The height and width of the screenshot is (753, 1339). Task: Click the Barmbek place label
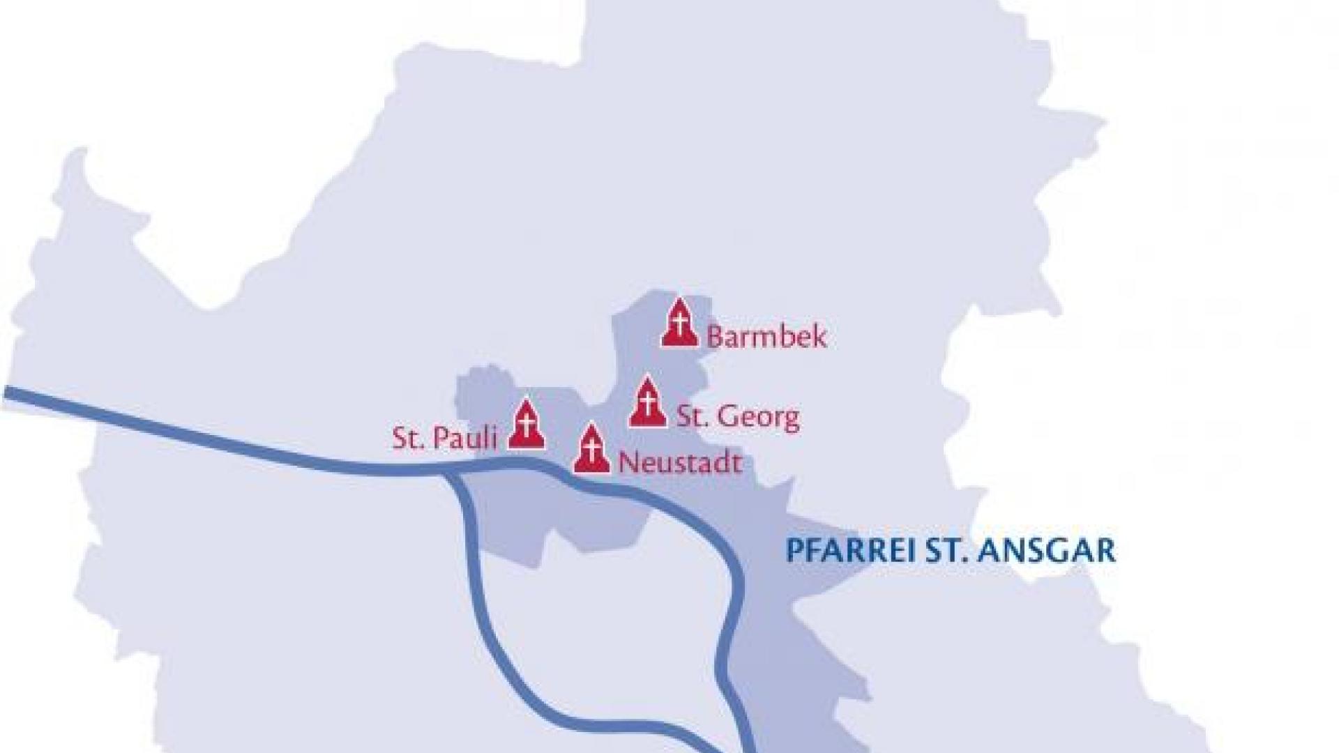click(x=766, y=336)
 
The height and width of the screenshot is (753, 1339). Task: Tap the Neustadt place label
click(x=680, y=462)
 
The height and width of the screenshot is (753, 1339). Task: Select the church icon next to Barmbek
click(x=679, y=323)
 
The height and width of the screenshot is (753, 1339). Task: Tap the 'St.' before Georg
click(x=693, y=417)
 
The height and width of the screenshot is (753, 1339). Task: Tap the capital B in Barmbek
click(x=716, y=336)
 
